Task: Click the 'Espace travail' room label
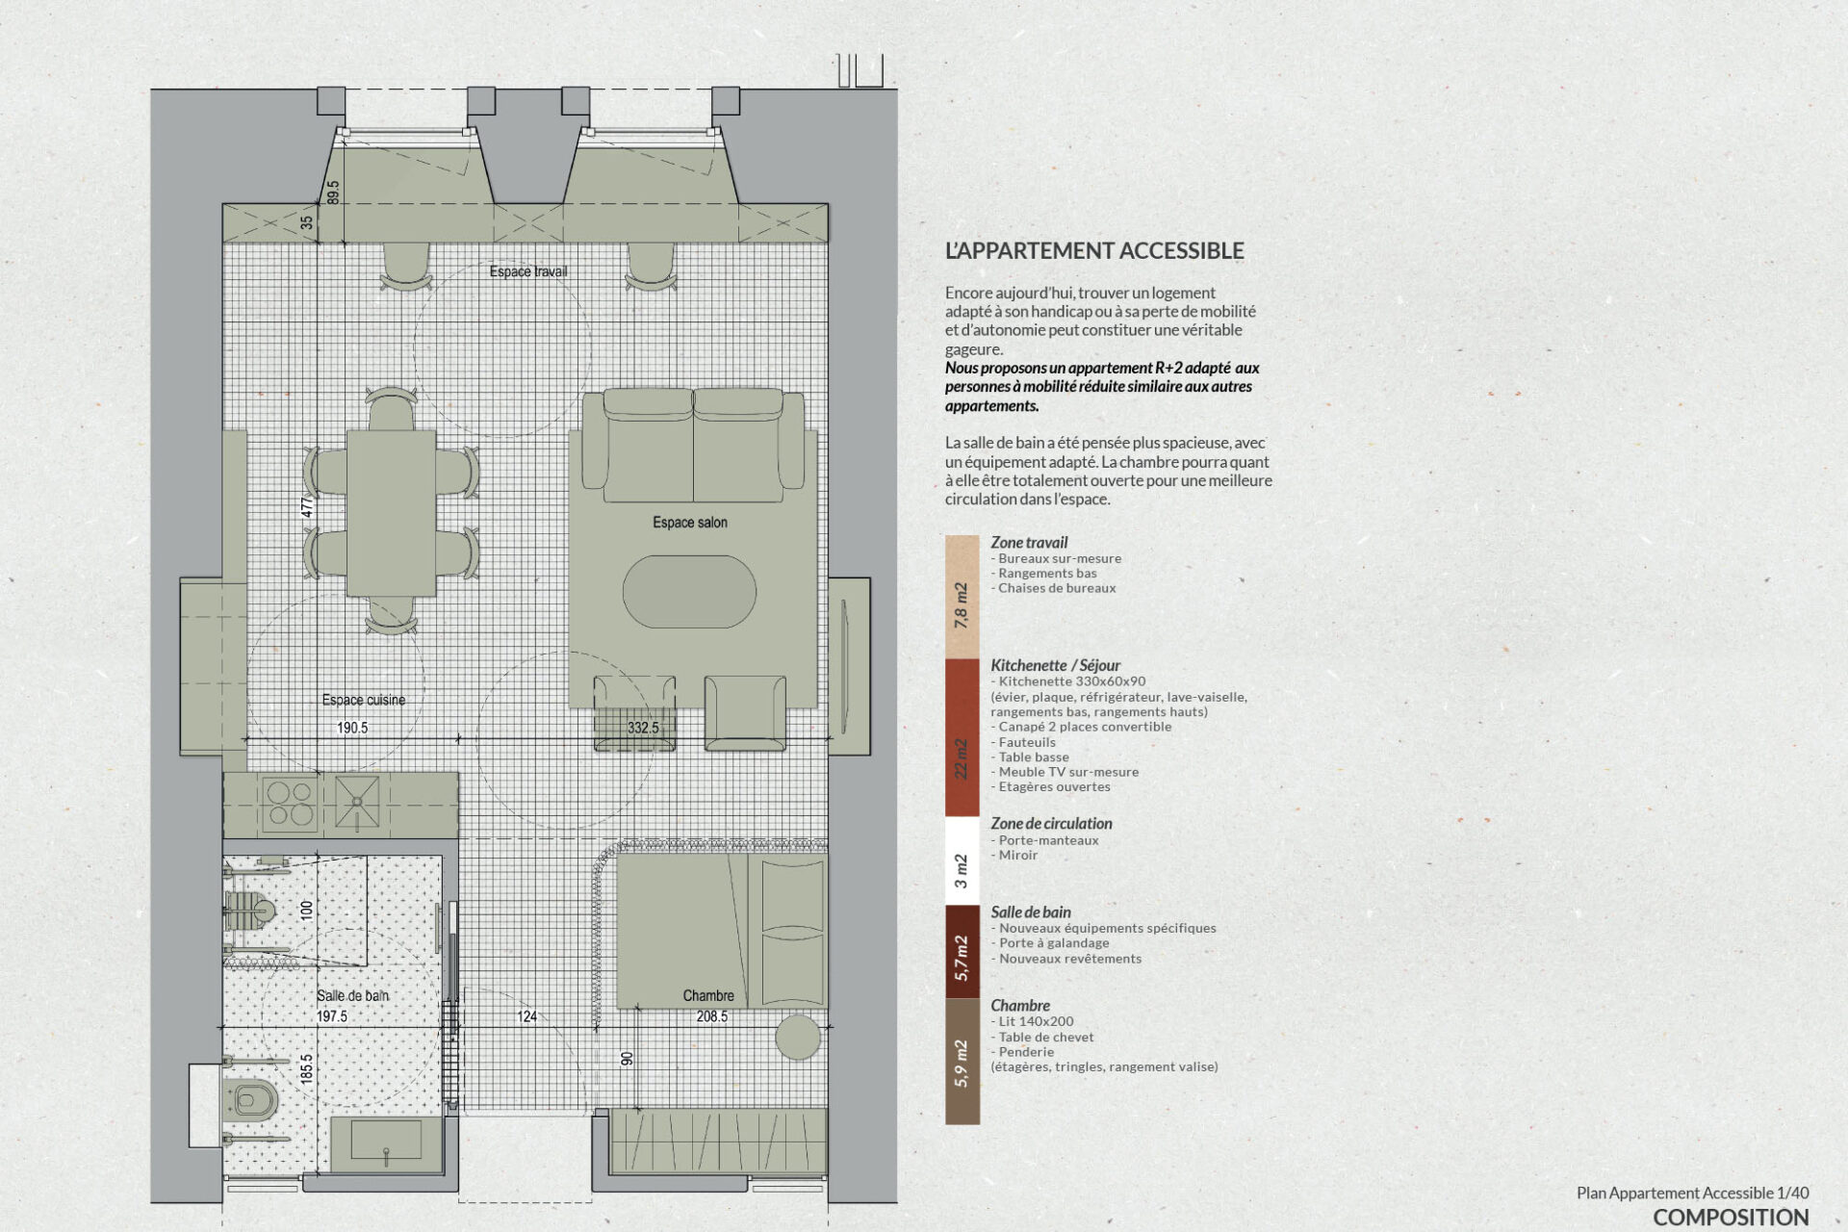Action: tap(528, 271)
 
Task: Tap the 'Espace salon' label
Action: tap(690, 523)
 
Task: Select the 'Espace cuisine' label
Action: tap(364, 700)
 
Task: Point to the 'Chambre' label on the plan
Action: tap(708, 995)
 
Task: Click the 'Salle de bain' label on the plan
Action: tap(353, 995)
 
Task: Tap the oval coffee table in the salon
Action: tap(689, 592)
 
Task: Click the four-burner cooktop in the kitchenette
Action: tap(290, 804)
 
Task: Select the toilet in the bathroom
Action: tap(249, 1099)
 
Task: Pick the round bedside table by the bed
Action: tap(798, 1038)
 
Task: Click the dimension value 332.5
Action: tap(643, 728)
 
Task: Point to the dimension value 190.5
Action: tap(352, 728)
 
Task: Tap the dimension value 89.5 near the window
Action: tap(333, 192)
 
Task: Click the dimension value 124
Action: tap(526, 1016)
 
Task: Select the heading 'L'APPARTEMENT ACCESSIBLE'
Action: tap(1094, 251)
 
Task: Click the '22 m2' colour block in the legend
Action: tap(962, 737)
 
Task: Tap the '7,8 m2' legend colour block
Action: tap(962, 597)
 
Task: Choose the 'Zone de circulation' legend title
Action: tap(1051, 824)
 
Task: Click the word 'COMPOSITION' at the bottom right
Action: tap(1731, 1218)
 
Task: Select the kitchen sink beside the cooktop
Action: tap(357, 803)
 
